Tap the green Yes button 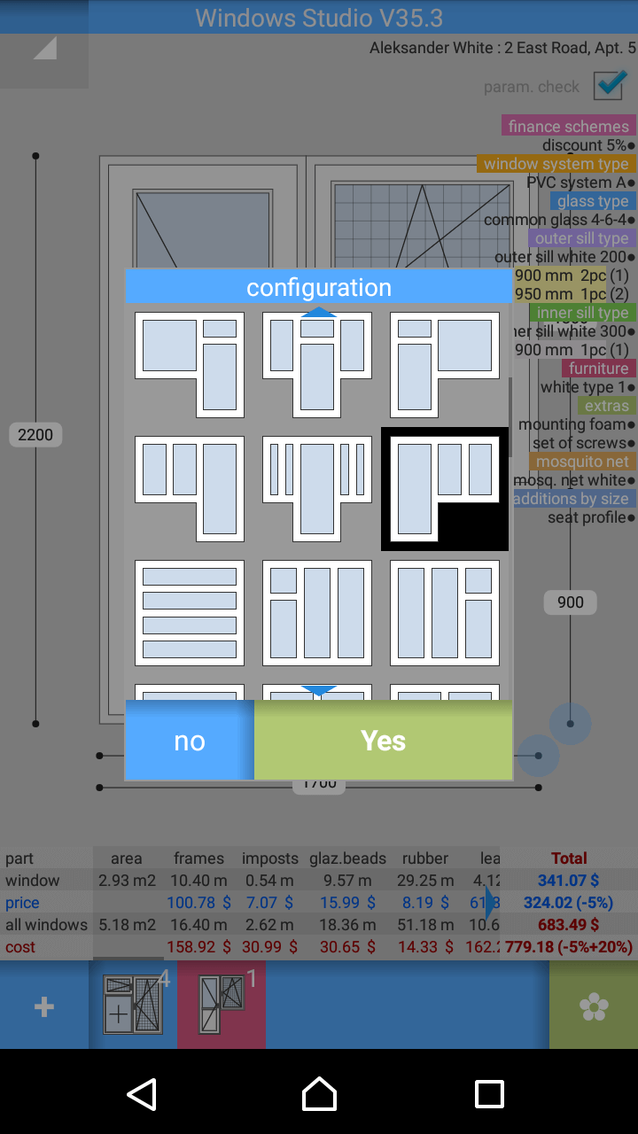tap(383, 741)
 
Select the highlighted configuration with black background tap(445, 489)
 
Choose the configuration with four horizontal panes tap(190, 613)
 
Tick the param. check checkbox tap(611, 85)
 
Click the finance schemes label tap(569, 127)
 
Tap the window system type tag tap(556, 164)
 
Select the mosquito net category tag tap(582, 462)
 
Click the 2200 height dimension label tap(35, 435)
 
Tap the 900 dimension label tap(570, 602)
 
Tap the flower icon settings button tap(593, 1006)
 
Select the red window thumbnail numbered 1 tap(222, 1006)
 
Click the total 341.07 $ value tap(569, 881)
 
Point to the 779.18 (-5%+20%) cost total tap(569, 947)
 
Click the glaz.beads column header tap(347, 858)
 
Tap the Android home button tap(319, 1094)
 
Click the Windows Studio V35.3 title tap(319, 18)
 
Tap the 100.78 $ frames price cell tap(198, 903)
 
